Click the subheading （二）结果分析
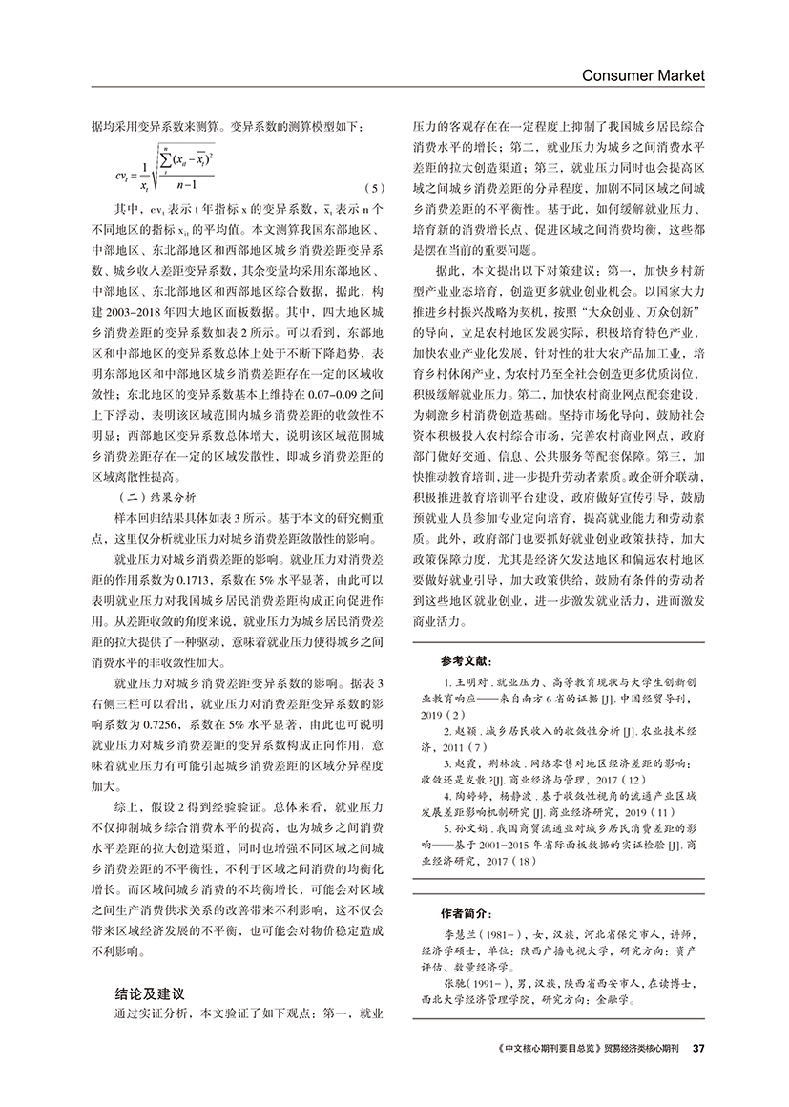155,497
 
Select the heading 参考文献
467,660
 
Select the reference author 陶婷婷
473,798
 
